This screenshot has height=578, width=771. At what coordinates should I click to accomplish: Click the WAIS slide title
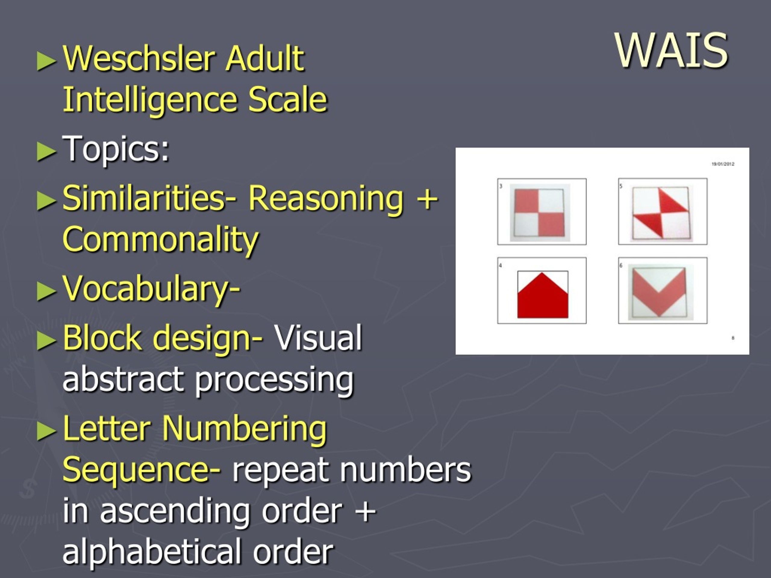coord(672,51)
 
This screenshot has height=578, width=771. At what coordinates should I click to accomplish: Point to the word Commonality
coord(160,240)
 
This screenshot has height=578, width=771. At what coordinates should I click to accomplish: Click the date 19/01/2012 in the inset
coord(723,164)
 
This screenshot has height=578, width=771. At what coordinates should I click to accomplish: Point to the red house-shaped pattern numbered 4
coord(542,295)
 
